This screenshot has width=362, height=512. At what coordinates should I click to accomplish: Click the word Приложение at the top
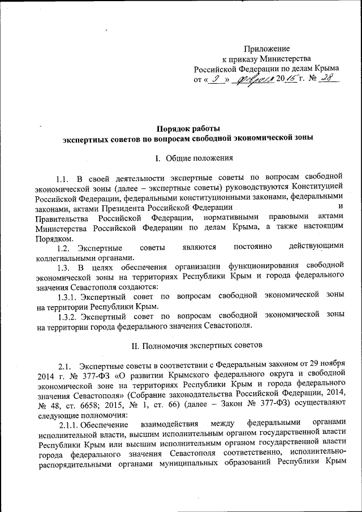267,49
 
